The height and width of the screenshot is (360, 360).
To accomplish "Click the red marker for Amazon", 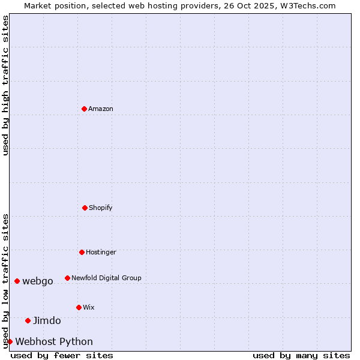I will click(84, 109).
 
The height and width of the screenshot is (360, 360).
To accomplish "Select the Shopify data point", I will click(85, 208).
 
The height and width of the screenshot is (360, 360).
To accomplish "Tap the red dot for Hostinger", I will click(82, 252).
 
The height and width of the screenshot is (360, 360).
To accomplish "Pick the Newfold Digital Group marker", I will click(67, 278).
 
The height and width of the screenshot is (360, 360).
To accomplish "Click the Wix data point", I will click(79, 307).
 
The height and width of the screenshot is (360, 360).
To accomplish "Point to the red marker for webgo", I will click(17, 281).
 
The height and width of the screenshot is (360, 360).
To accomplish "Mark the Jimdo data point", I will click(28, 320).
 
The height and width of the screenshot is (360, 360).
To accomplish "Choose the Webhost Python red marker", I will click(10, 341).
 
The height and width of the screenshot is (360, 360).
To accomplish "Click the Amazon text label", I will click(101, 109).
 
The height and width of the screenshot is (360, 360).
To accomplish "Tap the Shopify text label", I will click(101, 208).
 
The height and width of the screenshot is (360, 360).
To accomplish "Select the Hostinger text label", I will click(101, 252).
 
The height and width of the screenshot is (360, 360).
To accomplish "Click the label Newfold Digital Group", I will click(106, 278).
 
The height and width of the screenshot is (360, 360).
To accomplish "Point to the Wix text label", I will click(89, 307).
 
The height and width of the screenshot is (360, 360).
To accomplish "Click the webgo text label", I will click(38, 281).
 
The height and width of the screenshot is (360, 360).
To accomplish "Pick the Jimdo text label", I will click(47, 320).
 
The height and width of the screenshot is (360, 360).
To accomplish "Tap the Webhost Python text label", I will click(54, 341).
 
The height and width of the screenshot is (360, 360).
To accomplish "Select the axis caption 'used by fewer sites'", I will click(62, 355).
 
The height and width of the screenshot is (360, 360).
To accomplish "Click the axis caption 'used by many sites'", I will click(301, 355).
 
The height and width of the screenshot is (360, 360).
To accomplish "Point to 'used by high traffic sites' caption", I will click(5, 85).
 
